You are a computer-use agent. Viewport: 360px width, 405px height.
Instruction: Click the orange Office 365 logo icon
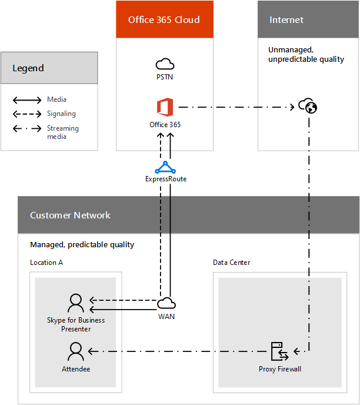coord(165,108)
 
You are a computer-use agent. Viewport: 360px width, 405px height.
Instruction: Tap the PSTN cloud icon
coord(165,64)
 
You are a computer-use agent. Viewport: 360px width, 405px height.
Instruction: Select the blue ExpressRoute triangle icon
coord(165,167)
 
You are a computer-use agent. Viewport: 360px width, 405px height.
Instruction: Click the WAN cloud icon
coord(166,303)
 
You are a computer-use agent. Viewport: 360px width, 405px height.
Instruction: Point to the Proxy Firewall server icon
coord(278,351)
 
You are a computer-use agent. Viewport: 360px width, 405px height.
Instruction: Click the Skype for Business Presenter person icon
coord(76,303)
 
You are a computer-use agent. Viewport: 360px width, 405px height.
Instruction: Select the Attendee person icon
coord(76,351)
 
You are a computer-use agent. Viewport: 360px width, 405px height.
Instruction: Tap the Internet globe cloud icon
coord(308,106)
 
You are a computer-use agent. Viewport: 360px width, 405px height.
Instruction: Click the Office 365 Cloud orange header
coord(165,20)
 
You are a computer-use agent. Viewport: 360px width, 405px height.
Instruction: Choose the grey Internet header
coord(308,20)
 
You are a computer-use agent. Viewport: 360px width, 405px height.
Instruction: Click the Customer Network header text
coord(70,215)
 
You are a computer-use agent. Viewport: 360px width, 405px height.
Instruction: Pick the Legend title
coord(28,68)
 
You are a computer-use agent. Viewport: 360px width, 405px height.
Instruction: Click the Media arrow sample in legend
coord(26,99)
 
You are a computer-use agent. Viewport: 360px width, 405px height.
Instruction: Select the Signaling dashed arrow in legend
coord(26,114)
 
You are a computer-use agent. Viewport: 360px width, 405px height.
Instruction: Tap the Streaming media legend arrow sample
coord(26,129)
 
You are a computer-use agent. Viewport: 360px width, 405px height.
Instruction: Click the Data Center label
coord(231,262)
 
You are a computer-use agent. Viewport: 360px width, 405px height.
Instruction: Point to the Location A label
coord(46,262)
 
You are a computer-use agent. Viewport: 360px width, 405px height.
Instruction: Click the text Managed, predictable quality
coord(82,244)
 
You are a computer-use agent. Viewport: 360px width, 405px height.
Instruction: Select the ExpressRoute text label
coord(166,179)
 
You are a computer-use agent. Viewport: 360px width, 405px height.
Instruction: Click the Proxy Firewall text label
coord(279,369)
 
